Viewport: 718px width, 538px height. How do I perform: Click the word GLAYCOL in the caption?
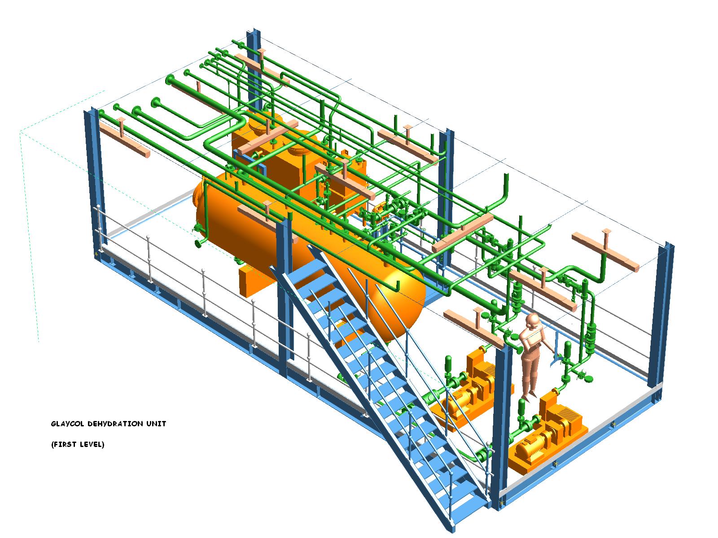pyautogui.click(x=67, y=424)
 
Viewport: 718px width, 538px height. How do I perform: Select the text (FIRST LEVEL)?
pyautogui.click(x=78, y=444)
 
